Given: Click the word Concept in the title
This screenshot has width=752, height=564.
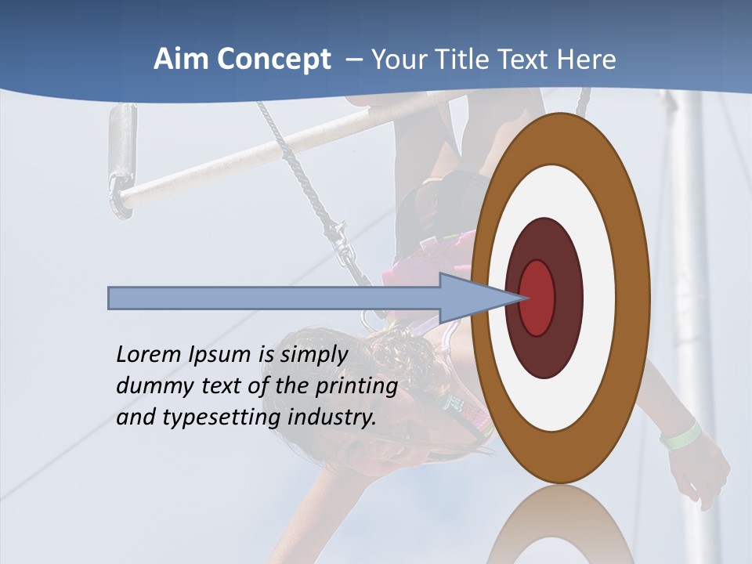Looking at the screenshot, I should click(x=273, y=60).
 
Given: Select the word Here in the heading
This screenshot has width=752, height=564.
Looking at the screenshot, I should click(x=586, y=60).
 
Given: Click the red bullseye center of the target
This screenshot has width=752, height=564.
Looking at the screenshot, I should click(x=537, y=298).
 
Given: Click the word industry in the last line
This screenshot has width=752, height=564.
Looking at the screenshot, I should click(x=332, y=418).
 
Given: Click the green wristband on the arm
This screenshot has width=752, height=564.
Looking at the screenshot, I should click(x=680, y=434).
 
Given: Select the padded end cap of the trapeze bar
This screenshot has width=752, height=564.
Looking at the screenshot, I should click(x=122, y=157).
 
